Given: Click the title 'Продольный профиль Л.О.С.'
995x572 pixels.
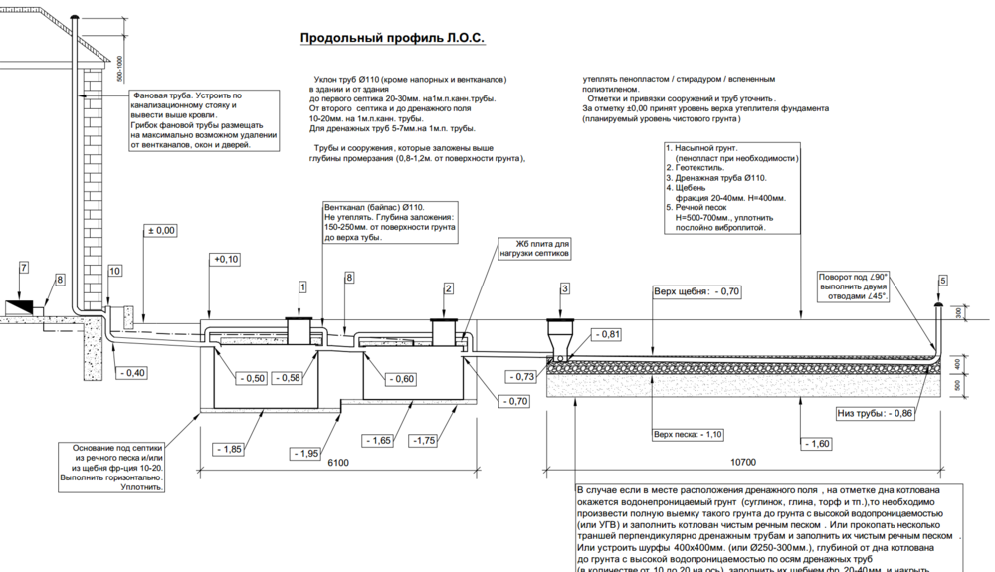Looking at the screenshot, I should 393,39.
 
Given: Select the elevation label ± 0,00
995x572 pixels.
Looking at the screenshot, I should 161,230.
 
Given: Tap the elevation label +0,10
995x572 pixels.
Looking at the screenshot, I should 227,259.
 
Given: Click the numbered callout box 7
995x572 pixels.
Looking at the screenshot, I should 25,267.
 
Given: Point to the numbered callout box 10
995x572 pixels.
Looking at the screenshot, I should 115,271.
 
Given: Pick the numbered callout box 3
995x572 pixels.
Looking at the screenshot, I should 564,288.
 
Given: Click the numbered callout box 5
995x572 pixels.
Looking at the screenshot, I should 942,281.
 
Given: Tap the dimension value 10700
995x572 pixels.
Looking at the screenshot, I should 743,463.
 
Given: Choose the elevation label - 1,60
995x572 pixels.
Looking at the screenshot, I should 815,443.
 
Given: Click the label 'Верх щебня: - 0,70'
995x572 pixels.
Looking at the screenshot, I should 696,292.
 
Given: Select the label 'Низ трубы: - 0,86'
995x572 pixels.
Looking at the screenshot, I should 873,412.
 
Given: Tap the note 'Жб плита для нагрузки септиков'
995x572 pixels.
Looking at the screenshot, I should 541,248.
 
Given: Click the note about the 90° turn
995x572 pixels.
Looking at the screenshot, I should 853,286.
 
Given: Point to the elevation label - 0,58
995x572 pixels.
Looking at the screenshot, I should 291,378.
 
